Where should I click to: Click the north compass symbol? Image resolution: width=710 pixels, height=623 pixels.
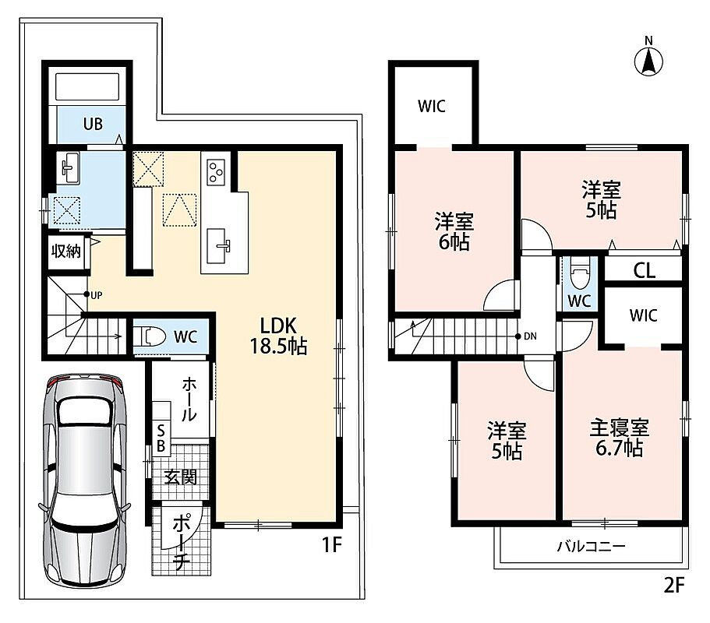[x=649, y=61]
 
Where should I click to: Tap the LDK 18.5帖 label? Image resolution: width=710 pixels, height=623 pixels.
[x=278, y=336]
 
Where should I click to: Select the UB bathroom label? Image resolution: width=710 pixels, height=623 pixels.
[x=93, y=124]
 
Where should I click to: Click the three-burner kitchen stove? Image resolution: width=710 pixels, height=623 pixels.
[x=216, y=171]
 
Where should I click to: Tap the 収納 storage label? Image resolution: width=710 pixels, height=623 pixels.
[x=66, y=251]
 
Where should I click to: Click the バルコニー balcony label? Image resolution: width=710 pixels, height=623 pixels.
[x=592, y=547]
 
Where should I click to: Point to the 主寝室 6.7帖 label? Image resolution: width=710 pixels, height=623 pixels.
[x=619, y=438]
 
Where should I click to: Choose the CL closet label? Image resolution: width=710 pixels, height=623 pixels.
[x=644, y=270]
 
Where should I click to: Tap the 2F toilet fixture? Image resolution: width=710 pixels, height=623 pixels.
[x=580, y=273]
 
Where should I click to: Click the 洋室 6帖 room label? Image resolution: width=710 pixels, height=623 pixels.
[x=454, y=232]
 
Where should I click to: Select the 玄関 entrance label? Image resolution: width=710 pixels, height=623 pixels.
[x=181, y=477]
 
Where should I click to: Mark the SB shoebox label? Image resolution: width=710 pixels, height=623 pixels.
[x=161, y=437]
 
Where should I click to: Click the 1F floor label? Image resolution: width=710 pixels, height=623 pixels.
[x=331, y=544]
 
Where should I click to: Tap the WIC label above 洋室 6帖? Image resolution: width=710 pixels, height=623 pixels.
[x=432, y=107]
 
